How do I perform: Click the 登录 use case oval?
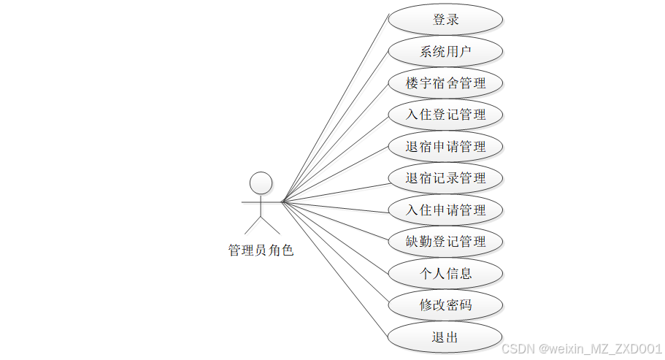[445, 20]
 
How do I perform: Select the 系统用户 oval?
[445, 51]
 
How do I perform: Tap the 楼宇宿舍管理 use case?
[445, 83]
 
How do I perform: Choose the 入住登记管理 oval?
[445, 115]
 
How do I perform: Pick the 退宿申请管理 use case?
[445, 146]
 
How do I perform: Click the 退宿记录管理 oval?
[445, 178]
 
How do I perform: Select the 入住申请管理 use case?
[445, 210]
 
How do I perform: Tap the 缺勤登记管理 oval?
[445, 241]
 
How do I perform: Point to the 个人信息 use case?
[445, 273]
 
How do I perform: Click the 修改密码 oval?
[445, 305]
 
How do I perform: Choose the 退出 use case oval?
[445, 337]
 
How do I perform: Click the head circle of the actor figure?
[261, 183]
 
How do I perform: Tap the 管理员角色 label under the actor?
[261, 250]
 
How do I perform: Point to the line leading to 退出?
[334, 268]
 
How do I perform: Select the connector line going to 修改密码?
[334, 253]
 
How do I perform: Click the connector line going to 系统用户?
[334, 126]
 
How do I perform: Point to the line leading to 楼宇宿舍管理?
[334, 142]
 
